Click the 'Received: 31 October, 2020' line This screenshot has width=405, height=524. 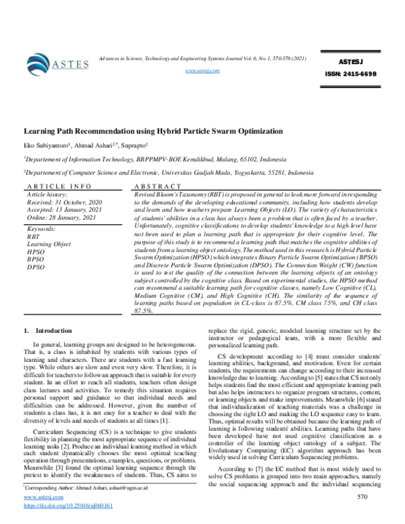pos(65,201)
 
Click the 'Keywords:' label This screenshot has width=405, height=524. pos(41,230)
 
